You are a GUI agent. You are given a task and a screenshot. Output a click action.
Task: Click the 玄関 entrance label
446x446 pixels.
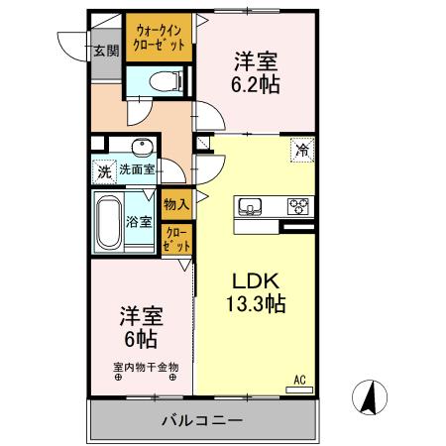(104, 52)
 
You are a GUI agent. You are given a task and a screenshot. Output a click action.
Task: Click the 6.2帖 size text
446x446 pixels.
(256, 84)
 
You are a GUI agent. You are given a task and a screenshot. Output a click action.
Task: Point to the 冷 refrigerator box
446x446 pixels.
(300, 151)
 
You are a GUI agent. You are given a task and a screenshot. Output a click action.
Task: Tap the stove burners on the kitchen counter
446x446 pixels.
(297, 207)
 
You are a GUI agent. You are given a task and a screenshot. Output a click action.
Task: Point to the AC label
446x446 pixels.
(299, 378)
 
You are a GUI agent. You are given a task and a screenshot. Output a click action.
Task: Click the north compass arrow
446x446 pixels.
(367, 397)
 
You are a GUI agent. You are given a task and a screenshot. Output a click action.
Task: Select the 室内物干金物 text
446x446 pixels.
(145, 366)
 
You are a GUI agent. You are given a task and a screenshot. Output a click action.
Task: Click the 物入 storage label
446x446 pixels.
(175, 202)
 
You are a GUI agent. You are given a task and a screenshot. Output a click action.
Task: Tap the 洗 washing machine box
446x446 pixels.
(104, 170)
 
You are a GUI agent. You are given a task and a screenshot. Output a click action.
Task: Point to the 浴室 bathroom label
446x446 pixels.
(140, 221)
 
